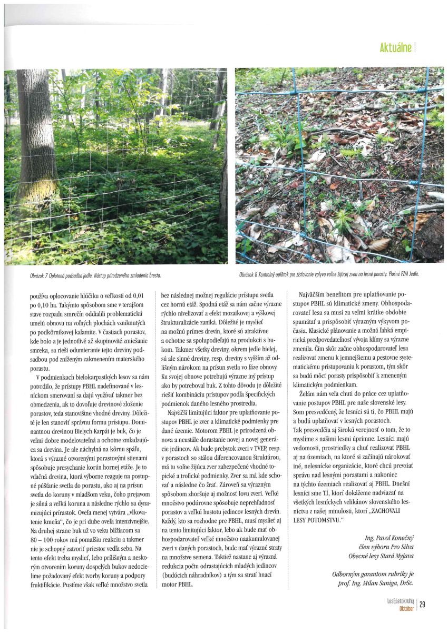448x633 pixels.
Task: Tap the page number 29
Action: coord(423,605)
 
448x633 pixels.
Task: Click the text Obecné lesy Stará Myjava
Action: coord(381,556)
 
